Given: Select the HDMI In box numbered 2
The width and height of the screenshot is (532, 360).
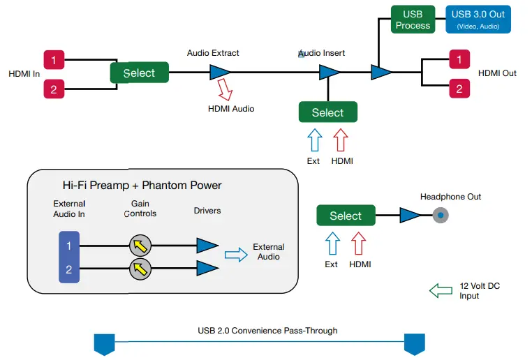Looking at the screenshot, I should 54,89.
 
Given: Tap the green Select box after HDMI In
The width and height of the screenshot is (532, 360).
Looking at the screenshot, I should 139,73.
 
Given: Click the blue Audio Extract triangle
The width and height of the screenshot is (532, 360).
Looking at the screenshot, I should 220,72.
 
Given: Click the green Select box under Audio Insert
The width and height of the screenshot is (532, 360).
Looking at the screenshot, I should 327,112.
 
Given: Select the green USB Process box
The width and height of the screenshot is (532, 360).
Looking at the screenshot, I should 413,20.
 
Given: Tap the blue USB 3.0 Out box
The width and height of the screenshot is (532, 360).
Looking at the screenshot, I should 478,19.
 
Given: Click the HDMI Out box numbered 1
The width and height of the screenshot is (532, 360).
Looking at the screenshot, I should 459,59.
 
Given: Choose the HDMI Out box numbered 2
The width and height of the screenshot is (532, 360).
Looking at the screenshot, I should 459,89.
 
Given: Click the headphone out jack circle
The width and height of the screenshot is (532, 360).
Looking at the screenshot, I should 440,216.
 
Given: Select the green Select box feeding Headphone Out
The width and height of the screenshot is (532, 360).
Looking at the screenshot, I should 345,216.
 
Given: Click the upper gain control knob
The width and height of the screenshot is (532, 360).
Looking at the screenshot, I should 140,245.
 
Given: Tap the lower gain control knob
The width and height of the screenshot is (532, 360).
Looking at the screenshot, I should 140,269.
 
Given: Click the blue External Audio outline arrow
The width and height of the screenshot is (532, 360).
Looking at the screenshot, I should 236,256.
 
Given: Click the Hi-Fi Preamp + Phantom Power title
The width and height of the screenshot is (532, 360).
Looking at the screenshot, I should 142,186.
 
